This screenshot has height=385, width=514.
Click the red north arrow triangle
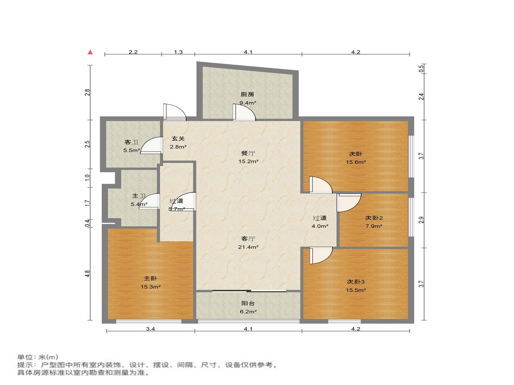pos(90,52)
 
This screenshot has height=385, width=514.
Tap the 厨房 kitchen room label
pos(247,94)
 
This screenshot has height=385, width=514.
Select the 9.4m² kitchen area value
pos(247,103)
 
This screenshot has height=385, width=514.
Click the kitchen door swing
pos(244,112)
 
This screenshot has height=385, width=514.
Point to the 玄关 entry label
pos(178,139)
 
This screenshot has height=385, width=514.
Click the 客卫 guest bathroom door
pos(151,146)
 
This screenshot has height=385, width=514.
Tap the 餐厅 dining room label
pos(248,153)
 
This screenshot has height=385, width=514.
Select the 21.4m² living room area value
pos(248,247)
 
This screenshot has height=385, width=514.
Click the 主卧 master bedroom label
pos(150,278)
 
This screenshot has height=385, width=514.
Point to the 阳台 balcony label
pos(248,303)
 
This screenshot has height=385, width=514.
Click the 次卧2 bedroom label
pos(374,218)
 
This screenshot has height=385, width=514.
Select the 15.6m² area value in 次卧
pos(356,162)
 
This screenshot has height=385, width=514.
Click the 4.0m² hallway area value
pos(320,226)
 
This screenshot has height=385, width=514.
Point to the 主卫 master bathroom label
pos(139,196)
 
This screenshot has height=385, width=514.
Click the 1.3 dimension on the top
pos(178,52)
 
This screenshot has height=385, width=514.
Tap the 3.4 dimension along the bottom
pos(150,329)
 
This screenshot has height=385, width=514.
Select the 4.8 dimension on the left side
pos(87,274)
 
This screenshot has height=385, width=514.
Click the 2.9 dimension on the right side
pos(421,220)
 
